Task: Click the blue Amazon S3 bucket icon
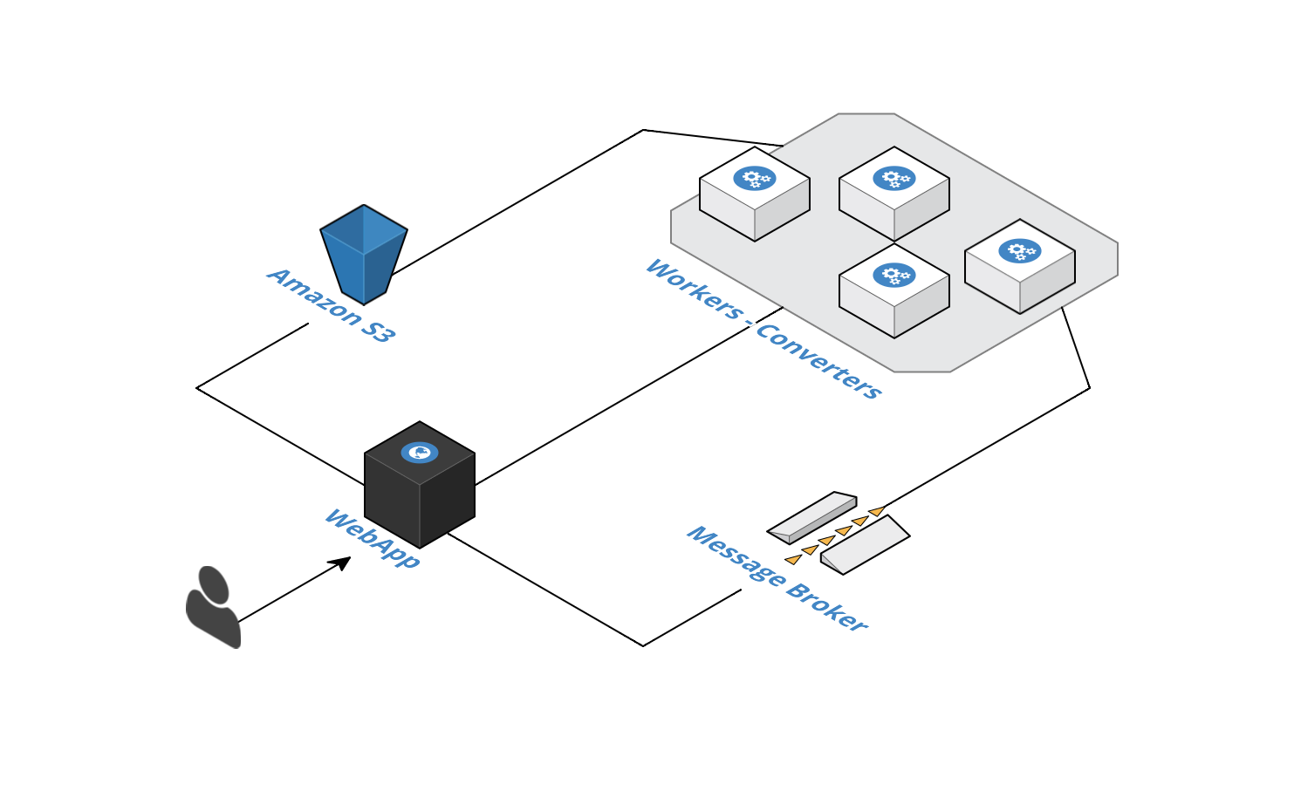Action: pyautogui.click(x=364, y=254)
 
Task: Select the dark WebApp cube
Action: pyautogui.click(x=420, y=488)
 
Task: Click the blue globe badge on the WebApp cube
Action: pyautogui.click(x=420, y=452)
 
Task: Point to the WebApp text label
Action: pyautogui.click(x=372, y=538)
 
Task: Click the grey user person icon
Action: pyautogui.click(x=212, y=607)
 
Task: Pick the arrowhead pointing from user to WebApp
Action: pyautogui.click(x=341, y=563)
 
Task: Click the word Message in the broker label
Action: pyautogui.click(x=736, y=556)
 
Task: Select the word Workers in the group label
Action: pyautogui.click(x=694, y=288)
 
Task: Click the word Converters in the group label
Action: pyautogui.click(x=819, y=361)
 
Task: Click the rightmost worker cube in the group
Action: pyautogui.click(x=1020, y=267)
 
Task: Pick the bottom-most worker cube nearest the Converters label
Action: pyautogui.click(x=894, y=291)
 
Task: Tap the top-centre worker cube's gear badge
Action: pyautogui.click(x=894, y=178)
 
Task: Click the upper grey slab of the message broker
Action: pyautogui.click(x=812, y=517)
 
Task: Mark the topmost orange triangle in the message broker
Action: pyautogui.click(x=877, y=510)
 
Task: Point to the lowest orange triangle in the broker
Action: pyautogui.click(x=793, y=559)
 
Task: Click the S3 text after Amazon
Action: pyautogui.click(x=378, y=331)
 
